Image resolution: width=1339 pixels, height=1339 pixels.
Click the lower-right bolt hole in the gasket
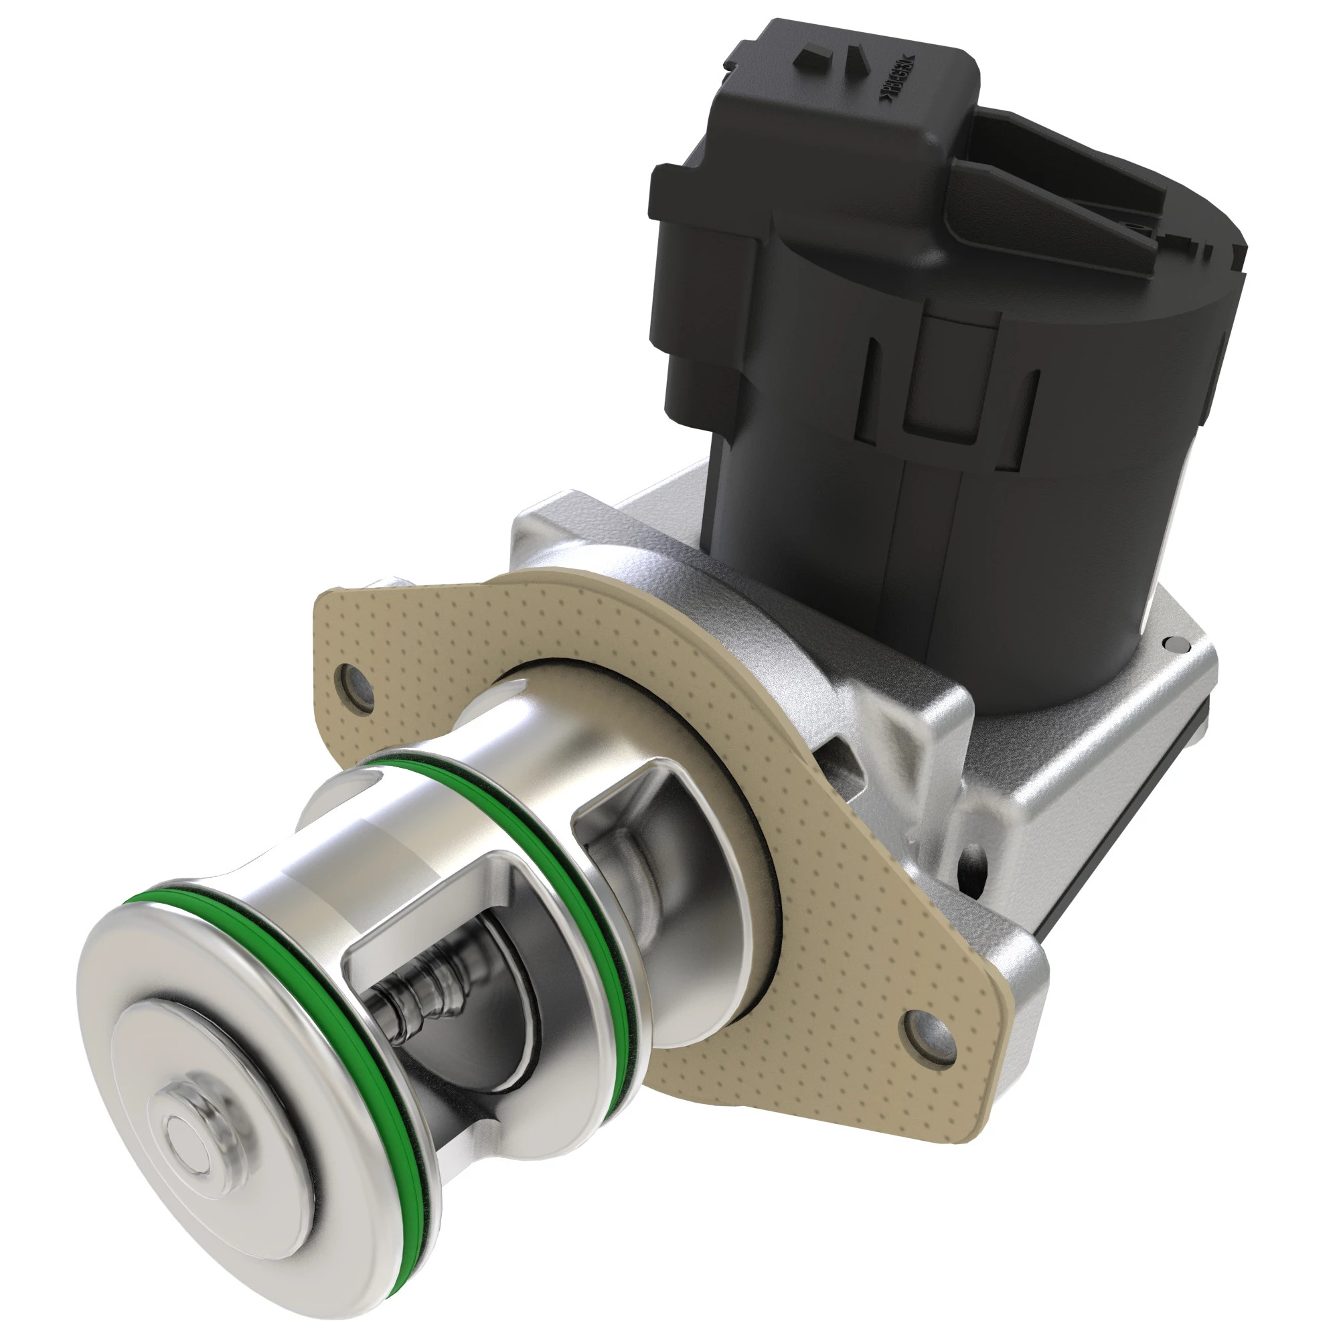tap(923, 1035)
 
